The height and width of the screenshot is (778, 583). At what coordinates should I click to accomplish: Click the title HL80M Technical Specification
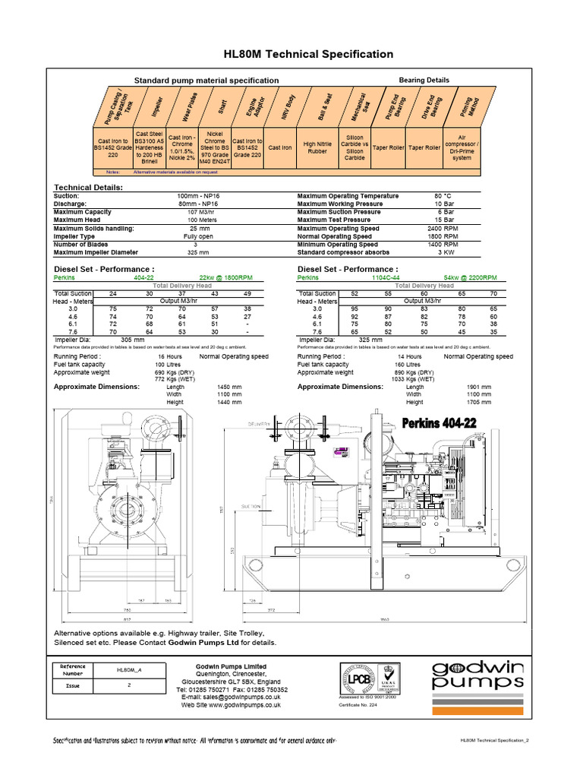point(308,54)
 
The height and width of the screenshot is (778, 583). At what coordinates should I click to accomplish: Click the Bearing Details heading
point(424,80)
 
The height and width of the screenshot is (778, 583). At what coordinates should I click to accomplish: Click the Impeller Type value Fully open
point(197,236)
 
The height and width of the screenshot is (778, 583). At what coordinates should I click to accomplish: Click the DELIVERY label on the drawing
point(258,424)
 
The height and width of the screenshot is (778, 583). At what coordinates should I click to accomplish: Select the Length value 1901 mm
point(479,387)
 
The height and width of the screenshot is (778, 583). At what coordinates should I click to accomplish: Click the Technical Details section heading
point(87,187)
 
